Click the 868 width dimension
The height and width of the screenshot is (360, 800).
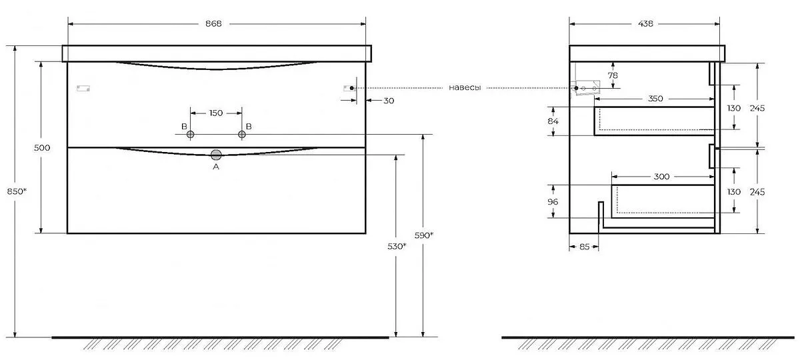click(213, 23)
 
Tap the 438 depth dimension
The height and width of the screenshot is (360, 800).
click(645, 23)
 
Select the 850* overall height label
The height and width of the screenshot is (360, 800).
click(17, 191)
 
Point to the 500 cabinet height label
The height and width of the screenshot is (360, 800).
click(42, 147)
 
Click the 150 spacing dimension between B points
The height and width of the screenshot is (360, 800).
click(216, 113)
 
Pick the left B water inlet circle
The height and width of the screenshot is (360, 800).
click(191, 135)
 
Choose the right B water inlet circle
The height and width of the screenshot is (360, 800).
click(242, 135)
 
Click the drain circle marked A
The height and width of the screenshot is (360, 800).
click(216, 155)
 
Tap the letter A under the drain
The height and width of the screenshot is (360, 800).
click(216, 167)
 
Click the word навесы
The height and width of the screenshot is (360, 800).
click(465, 88)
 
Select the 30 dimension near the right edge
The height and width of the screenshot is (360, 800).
click(389, 101)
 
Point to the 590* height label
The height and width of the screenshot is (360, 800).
click(424, 235)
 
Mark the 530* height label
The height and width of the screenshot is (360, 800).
click(397, 247)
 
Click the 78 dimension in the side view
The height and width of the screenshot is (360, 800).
click(613, 75)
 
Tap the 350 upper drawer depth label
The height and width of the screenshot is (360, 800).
click(655, 99)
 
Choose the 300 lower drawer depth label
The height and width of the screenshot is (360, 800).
click(661, 177)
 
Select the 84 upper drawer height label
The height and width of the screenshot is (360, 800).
click(553, 121)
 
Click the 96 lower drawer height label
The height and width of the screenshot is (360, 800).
click(553, 202)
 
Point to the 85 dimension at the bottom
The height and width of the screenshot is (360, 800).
click(584, 247)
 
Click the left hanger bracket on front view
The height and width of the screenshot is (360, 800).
click(83, 88)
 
